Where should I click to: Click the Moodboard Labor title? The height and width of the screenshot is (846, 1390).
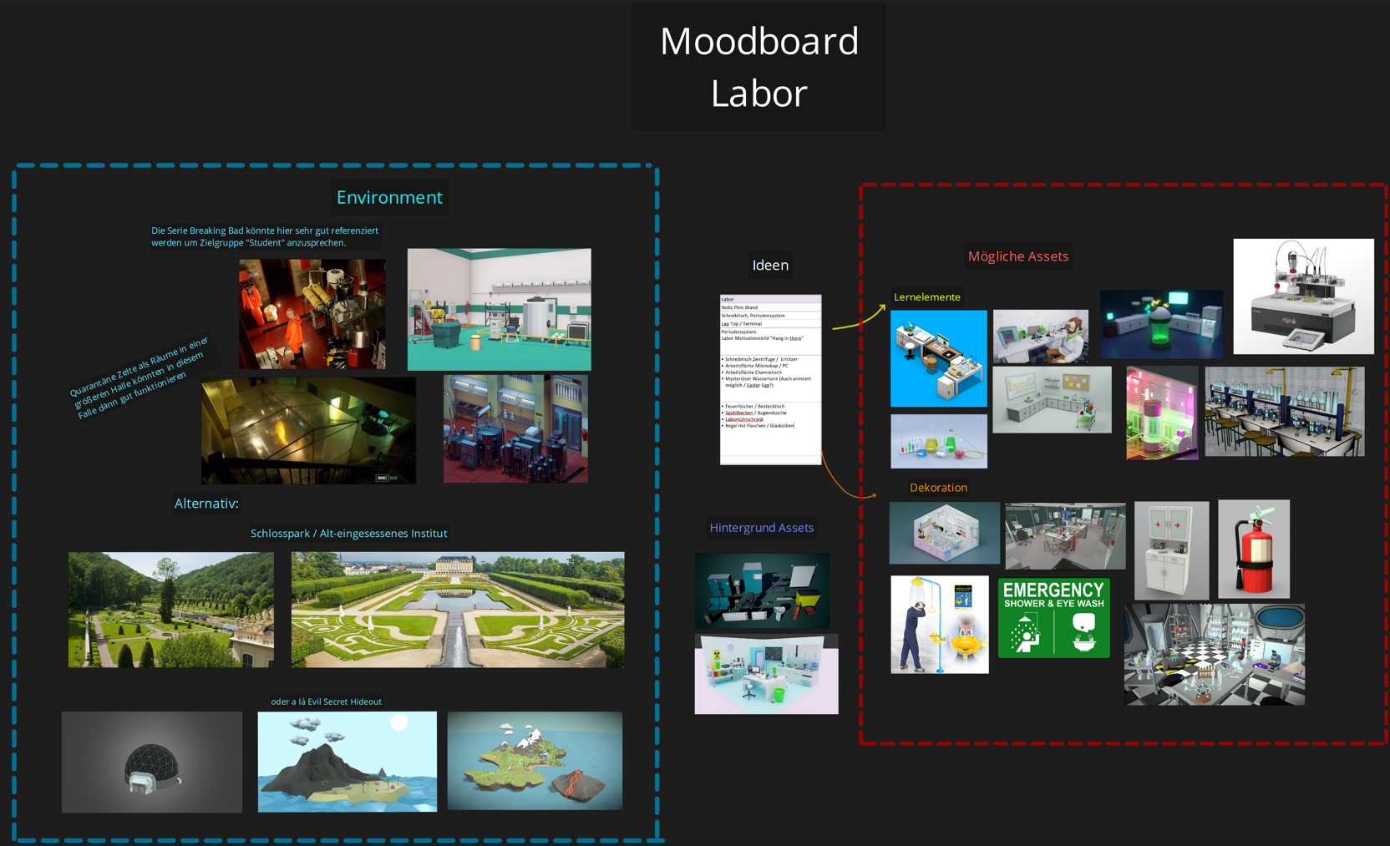click(759, 67)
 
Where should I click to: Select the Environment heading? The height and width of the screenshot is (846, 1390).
click(389, 197)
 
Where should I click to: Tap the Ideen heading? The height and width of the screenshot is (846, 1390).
click(770, 265)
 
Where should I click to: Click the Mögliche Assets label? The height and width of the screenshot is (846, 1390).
click(1017, 256)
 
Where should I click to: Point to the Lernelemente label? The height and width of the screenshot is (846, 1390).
click(926, 297)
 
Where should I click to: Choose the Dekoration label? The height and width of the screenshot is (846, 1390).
click(938, 488)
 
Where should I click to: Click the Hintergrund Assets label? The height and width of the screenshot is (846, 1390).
click(761, 528)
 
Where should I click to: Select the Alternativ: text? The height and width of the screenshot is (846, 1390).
click(206, 503)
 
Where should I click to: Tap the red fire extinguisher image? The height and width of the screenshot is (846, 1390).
click(1254, 549)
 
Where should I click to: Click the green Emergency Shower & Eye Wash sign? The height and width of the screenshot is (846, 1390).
click(1053, 618)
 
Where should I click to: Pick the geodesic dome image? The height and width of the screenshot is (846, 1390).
click(152, 762)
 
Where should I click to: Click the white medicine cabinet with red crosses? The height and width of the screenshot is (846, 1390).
click(1171, 550)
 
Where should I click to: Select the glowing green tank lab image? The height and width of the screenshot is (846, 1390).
click(1161, 324)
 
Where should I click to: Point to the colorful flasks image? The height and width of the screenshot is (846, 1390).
click(938, 441)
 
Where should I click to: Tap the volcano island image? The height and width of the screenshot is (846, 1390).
click(535, 761)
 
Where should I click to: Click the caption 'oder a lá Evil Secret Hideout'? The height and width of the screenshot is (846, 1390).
click(326, 702)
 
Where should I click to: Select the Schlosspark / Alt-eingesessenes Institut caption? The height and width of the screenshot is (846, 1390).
click(348, 534)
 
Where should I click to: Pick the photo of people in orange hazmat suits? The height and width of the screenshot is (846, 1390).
click(312, 314)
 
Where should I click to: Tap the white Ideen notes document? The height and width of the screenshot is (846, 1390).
click(770, 379)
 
